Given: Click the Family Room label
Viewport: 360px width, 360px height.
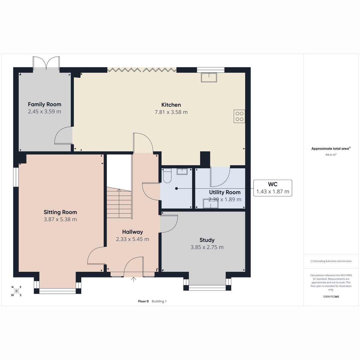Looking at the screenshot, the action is [x=44, y=104].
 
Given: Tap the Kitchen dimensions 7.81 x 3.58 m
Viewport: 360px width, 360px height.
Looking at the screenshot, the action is [x=171, y=112].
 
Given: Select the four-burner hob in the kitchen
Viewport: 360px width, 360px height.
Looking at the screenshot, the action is [x=239, y=116].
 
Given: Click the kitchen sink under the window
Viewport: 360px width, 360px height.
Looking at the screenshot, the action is [x=209, y=77].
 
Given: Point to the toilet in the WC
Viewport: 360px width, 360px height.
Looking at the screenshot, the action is [x=167, y=175].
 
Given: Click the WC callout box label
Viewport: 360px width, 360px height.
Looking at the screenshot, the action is [x=273, y=184].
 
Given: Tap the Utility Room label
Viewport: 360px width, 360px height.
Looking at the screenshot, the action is [x=225, y=192].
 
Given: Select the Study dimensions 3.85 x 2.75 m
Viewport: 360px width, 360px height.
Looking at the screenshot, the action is [x=207, y=247].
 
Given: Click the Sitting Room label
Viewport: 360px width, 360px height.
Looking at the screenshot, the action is [x=60, y=212].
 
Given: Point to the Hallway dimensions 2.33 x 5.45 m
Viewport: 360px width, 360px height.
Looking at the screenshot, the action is [x=133, y=239].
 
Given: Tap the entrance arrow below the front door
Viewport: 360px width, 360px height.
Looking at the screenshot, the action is [x=133, y=279].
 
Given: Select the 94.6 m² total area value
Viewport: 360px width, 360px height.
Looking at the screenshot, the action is [x=331, y=155].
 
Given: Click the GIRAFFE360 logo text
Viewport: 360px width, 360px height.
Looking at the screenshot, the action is [x=331, y=296].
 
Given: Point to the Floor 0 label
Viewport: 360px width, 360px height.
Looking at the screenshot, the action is [x=143, y=301].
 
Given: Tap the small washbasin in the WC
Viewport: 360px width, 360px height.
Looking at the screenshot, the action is [x=182, y=171].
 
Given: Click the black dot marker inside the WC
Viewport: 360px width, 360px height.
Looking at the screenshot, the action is [x=176, y=188].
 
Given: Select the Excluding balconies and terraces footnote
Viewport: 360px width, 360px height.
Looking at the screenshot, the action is [x=331, y=261].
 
